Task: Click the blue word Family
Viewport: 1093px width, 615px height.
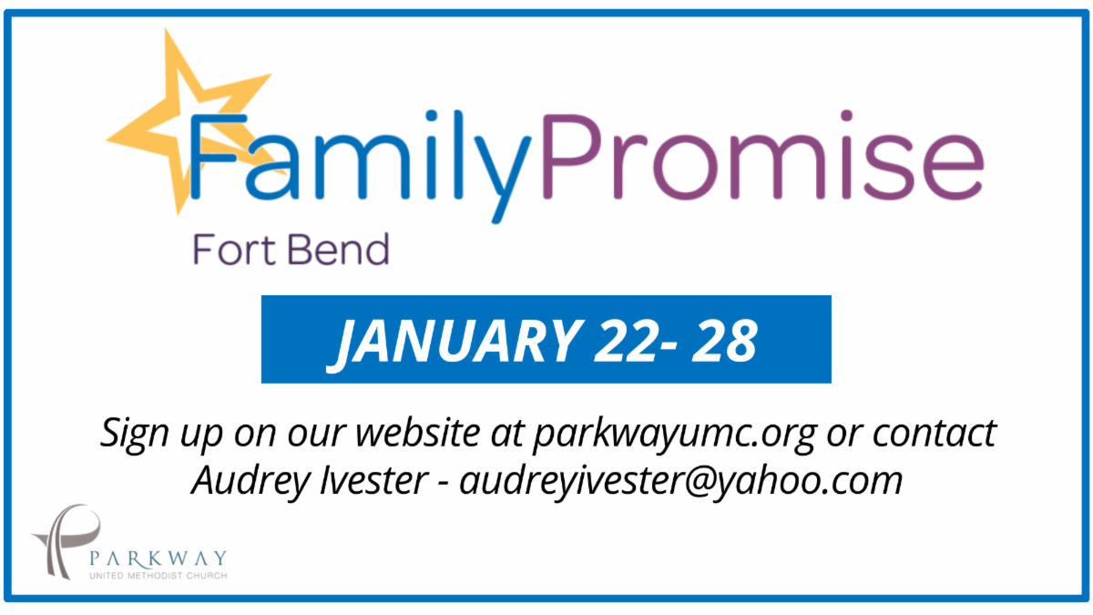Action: click(x=360, y=166)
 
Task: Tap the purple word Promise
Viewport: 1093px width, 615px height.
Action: click(x=762, y=155)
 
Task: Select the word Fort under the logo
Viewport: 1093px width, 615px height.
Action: click(x=235, y=250)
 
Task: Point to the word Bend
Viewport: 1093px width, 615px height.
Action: click(x=339, y=250)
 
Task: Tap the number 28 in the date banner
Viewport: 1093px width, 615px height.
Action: click(x=725, y=341)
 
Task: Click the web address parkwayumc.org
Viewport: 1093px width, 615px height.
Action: click(x=675, y=434)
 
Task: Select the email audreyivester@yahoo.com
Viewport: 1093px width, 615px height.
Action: click(x=680, y=481)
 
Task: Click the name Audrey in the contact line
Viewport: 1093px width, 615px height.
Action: click(x=250, y=481)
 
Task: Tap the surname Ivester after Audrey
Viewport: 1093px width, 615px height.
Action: click(x=374, y=480)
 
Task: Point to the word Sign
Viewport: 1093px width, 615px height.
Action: click(x=134, y=434)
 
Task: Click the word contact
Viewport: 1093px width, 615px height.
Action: click(x=934, y=433)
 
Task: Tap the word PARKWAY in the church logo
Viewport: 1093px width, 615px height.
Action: click(x=158, y=559)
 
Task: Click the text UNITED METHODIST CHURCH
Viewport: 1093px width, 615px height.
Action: click(x=158, y=576)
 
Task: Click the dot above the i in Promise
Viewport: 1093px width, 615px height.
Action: click(x=846, y=116)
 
